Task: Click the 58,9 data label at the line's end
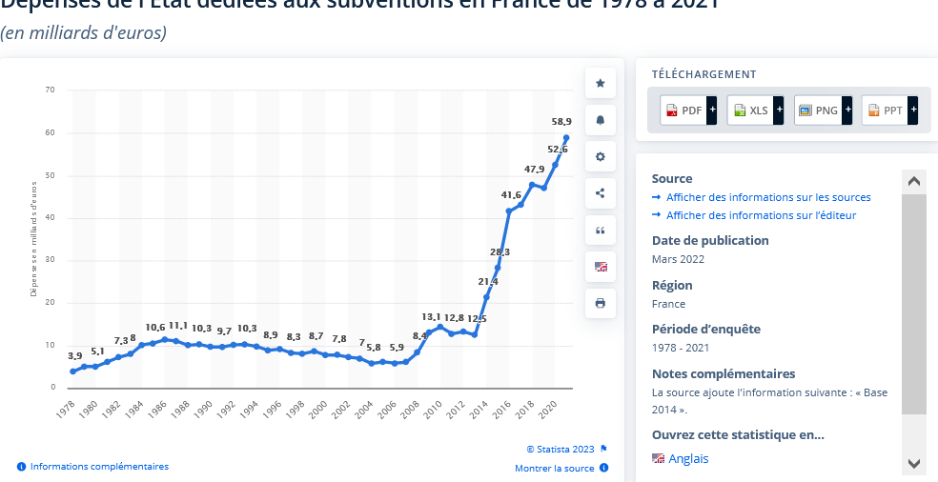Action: point(561,122)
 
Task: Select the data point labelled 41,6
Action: point(509,211)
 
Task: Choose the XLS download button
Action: point(750,110)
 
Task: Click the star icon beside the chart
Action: point(601,84)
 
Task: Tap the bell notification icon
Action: point(601,121)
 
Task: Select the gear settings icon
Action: point(601,157)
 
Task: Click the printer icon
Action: point(601,303)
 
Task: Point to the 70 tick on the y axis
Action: point(51,90)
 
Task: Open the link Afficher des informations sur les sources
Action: point(768,197)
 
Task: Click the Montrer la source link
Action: point(554,469)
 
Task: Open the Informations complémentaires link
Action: point(99,467)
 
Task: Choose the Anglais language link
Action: point(688,459)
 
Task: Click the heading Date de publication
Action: point(710,240)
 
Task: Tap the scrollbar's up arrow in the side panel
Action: point(913,181)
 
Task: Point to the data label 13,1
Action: point(432,317)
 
